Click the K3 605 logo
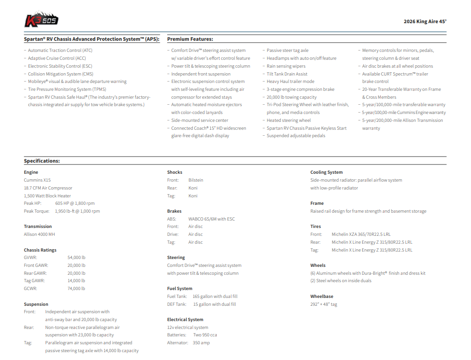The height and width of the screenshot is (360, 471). [41, 19]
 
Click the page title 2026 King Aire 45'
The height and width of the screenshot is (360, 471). [425, 21]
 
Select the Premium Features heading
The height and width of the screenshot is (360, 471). [190, 39]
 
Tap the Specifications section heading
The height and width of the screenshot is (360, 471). [42, 161]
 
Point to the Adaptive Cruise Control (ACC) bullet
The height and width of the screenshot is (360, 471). [57, 58]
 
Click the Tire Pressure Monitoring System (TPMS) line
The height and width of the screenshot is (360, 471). [67, 89]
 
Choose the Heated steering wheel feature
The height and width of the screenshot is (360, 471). [289, 120]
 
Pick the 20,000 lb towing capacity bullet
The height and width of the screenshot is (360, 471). [291, 97]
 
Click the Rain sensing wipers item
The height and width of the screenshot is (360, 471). [286, 66]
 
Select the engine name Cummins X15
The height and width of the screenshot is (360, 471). [37, 180]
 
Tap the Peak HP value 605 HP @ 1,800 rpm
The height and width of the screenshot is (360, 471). [75, 203]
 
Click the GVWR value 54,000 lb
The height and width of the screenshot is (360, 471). [76, 258]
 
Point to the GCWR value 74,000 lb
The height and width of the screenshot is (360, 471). [76, 289]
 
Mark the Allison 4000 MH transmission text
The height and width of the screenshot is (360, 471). [39, 234]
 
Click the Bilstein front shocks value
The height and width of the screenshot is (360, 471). [195, 180]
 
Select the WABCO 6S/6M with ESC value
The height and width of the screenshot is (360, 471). [211, 219]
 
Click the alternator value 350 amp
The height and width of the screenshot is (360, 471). [201, 343]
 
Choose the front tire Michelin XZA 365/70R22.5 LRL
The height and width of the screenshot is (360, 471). [361, 234]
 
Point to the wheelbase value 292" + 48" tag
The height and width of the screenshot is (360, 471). [324, 304]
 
